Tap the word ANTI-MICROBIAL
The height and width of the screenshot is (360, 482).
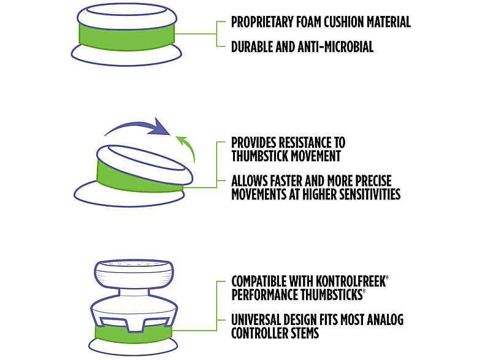[335, 47]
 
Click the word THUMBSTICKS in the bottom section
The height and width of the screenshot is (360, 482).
[331, 294]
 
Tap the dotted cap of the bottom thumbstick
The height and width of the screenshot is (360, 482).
[134, 274]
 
